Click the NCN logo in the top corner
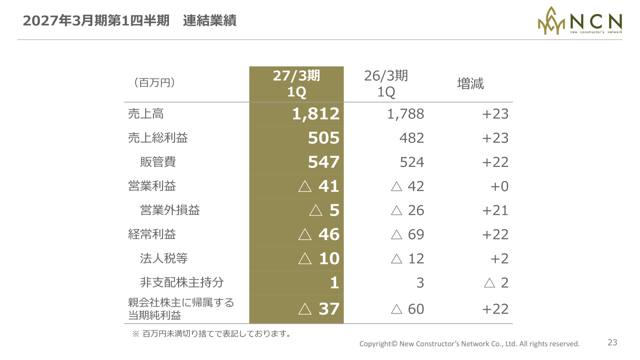tap(579, 21)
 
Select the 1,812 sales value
tap(315, 114)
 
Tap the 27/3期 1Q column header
tap(296, 84)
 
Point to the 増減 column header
tap(470, 83)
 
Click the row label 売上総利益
tap(157, 137)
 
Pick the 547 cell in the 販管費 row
tap(323, 162)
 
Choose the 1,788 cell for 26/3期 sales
tap(405, 114)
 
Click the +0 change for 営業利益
tap(499, 186)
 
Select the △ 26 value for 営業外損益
tap(407, 210)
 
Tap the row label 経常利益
tap(151, 234)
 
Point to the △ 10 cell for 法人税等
tap(319, 258)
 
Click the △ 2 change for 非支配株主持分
tap(496, 283)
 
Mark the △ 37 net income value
tap(319, 309)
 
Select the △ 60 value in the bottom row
tap(407, 309)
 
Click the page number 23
tap(612, 342)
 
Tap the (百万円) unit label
tap(154, 83)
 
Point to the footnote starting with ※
tap(211, 333)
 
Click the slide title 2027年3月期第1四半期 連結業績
tap(129, 21)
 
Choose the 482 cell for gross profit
tap(411, 138)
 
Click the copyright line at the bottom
tap(469, 343)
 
